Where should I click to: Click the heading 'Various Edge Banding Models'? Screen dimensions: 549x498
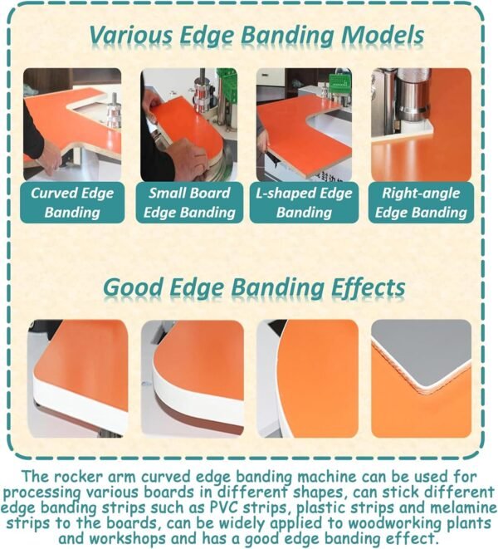(x=256, y=36)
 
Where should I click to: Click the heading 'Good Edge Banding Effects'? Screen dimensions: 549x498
(x=254, y=287)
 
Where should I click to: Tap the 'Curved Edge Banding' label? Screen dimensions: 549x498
(x=72, y=203)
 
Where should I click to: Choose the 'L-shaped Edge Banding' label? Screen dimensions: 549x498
(x=304, y=203)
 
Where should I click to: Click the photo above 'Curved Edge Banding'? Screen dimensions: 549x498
(x=72, y=124)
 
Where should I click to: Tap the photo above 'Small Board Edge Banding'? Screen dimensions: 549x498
(x=189, y=124)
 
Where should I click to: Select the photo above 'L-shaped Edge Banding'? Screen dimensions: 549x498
(x=304, y=124)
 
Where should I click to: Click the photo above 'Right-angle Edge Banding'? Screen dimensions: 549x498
(x=421, y=124)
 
